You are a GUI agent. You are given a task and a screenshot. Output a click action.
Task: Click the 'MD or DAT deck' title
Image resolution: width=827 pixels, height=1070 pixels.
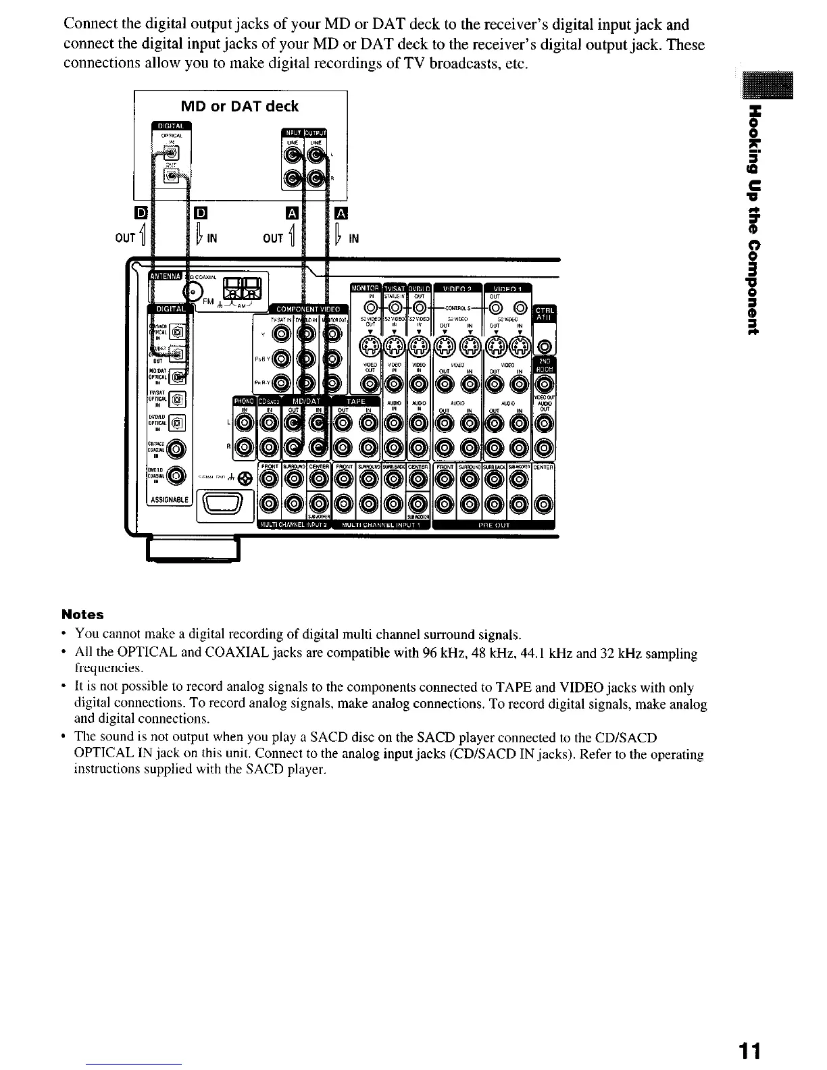239,107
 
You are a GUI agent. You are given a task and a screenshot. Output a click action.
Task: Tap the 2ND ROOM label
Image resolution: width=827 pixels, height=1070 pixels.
545,363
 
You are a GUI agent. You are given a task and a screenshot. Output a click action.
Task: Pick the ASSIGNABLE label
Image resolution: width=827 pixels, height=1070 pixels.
170,501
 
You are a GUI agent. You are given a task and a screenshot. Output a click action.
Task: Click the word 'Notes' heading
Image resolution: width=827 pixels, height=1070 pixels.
82,614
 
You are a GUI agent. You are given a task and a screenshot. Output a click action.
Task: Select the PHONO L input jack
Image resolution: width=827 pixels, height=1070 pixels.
246,424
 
